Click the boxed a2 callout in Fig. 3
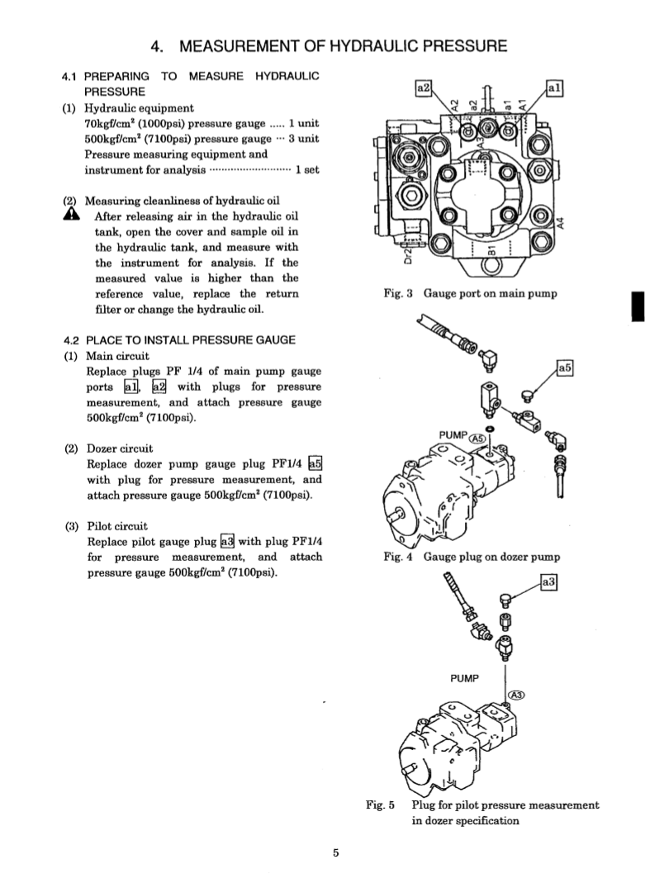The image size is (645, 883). click(424, 86)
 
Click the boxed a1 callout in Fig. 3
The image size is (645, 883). click(556, 86)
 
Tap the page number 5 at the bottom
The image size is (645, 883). click(336, 854)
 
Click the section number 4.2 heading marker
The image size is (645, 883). click(73, 340)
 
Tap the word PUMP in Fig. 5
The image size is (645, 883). click(465, 677)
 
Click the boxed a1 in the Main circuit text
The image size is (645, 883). click(131, 387)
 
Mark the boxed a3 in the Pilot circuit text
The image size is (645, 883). click(228, 541)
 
